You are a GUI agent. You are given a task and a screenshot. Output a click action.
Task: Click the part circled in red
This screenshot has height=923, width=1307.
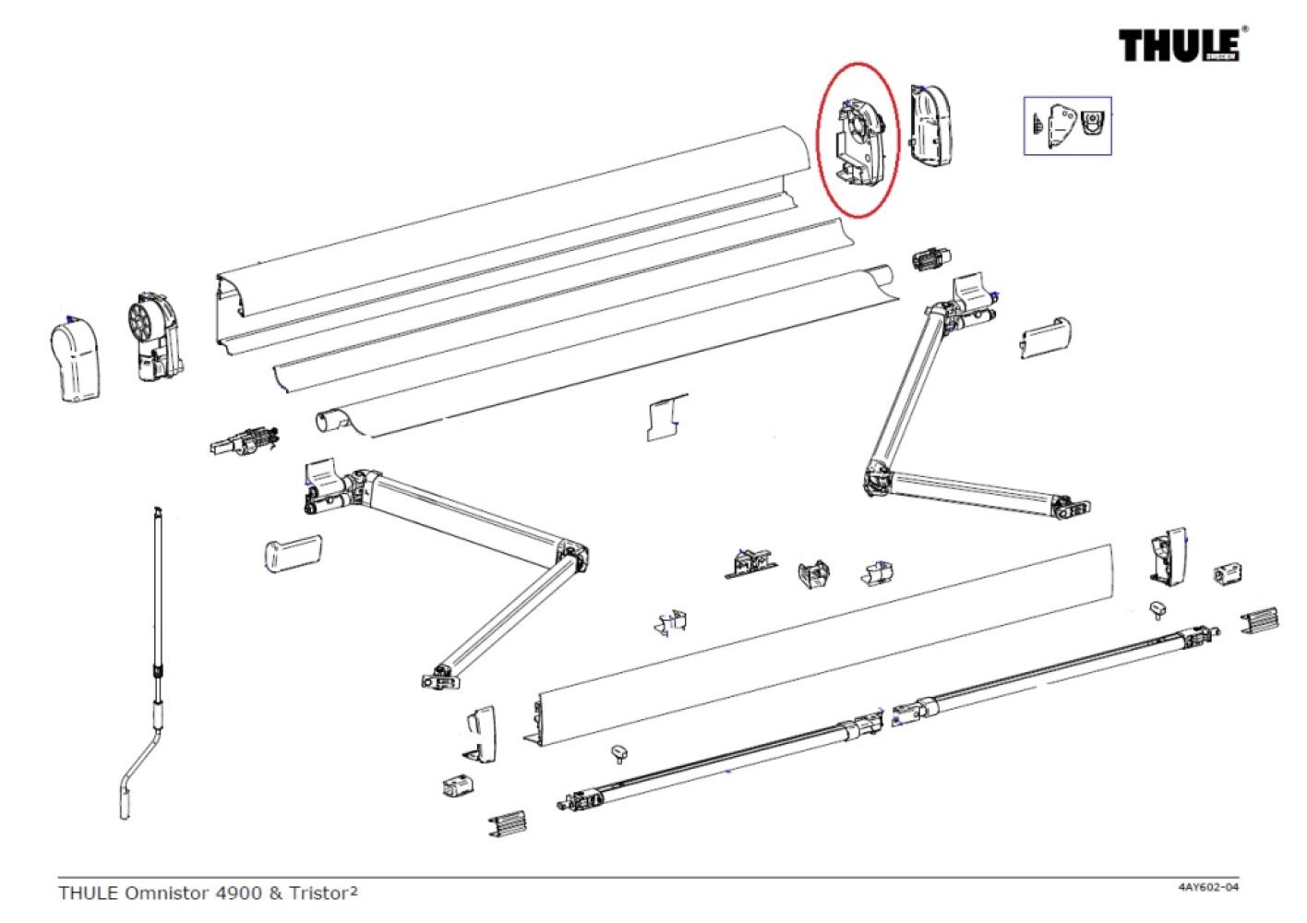pos(857,139)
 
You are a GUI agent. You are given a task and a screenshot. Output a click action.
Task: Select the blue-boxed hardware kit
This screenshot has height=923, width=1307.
pos(1067,125)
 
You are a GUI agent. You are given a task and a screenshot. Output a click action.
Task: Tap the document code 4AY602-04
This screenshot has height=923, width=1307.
pos(1207,888)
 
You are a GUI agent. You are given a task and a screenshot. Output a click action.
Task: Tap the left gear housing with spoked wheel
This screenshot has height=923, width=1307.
pos(151,338)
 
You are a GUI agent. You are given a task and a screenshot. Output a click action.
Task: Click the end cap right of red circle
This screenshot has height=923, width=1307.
pos(931,124)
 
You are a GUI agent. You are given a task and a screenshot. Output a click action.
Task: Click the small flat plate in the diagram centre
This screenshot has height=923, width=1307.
pos(666,418)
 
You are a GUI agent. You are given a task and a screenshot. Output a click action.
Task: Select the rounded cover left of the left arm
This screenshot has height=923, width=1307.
pos(292,553)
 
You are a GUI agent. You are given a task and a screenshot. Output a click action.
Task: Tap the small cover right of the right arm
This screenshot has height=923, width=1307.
pos(1045,337)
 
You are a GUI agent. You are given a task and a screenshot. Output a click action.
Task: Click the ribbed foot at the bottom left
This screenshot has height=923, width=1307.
pos(508,822)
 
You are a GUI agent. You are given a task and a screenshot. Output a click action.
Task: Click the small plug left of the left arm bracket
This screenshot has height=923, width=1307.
pos(243,440)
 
